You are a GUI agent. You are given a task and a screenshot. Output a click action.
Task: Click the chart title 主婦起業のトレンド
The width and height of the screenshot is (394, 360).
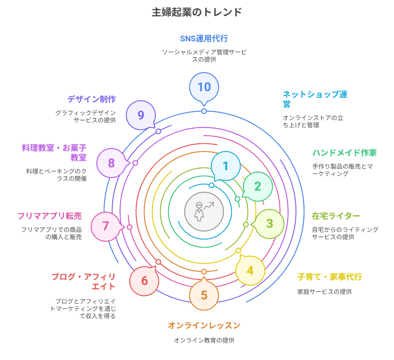197,12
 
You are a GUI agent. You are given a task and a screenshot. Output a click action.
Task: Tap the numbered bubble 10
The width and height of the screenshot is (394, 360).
204,87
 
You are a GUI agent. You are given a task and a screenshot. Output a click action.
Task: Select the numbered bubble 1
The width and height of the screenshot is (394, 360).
226,166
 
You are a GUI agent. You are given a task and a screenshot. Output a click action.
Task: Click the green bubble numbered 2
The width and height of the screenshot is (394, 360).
258,186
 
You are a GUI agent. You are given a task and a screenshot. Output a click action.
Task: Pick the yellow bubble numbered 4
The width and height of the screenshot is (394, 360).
250,270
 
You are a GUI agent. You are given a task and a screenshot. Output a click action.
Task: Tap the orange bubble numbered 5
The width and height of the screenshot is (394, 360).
204,295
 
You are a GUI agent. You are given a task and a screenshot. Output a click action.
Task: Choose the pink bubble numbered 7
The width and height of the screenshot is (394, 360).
105,226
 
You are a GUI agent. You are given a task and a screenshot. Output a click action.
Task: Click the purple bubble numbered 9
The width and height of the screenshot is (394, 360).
141,115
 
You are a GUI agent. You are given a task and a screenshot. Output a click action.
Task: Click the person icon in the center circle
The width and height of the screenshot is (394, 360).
199,211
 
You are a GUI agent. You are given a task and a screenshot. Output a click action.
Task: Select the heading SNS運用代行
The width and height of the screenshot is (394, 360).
204,39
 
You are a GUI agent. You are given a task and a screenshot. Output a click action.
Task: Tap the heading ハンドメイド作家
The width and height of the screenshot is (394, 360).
344,153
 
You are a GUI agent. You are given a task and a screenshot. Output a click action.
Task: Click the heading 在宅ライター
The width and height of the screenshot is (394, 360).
336,216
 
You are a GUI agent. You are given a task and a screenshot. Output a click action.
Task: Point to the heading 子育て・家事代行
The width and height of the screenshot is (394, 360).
329,277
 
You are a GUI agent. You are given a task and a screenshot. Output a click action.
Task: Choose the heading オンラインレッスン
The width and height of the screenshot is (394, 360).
204,326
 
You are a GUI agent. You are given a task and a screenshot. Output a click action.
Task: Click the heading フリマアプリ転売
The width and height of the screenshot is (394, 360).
49,216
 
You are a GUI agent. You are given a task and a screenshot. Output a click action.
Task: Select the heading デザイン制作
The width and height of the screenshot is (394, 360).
92,99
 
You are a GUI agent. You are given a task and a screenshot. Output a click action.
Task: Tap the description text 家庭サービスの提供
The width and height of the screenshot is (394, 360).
324,291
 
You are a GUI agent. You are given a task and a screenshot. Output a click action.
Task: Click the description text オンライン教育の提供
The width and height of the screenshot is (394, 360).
204,340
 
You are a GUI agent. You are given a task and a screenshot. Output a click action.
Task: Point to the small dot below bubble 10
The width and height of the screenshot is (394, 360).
204,111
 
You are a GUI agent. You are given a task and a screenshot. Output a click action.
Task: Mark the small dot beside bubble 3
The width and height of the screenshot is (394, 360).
246,225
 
